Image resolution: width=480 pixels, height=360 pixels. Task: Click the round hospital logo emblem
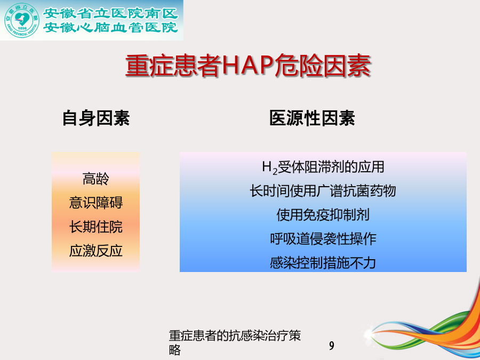click(21, 20)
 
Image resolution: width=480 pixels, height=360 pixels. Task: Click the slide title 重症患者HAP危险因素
click(248, 66)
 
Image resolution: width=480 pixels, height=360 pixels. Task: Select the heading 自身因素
click(96, 118)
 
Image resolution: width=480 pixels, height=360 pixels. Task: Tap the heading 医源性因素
click(312, 118)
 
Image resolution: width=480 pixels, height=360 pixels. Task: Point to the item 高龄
click(96, 179)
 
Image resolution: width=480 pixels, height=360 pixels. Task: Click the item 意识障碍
click(96, 203)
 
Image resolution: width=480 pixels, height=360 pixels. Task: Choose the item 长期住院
click(96, 227)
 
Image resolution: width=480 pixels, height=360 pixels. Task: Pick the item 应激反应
click(96, 251)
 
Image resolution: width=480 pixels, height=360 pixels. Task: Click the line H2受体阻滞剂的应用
click(323, 167)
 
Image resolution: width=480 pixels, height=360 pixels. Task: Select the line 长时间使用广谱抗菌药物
click(323, 191)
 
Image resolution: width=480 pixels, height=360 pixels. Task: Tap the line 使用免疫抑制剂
click(323, 215)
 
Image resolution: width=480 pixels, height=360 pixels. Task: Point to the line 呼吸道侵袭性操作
click(323, 239)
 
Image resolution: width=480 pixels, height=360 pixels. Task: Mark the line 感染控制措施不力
click(323, 263)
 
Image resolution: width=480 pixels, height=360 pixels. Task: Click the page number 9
click(332, 346)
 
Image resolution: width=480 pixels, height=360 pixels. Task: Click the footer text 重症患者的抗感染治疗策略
click(235, 343)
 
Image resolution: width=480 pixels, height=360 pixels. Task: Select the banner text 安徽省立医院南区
click(110, 13)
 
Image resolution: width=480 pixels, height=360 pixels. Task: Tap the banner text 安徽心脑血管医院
click(110, 28)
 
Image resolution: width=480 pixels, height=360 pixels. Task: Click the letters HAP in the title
click(247, 66)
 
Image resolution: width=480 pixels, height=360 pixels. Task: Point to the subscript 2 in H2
click(275, 171)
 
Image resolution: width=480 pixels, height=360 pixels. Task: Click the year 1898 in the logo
click(22, 28)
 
